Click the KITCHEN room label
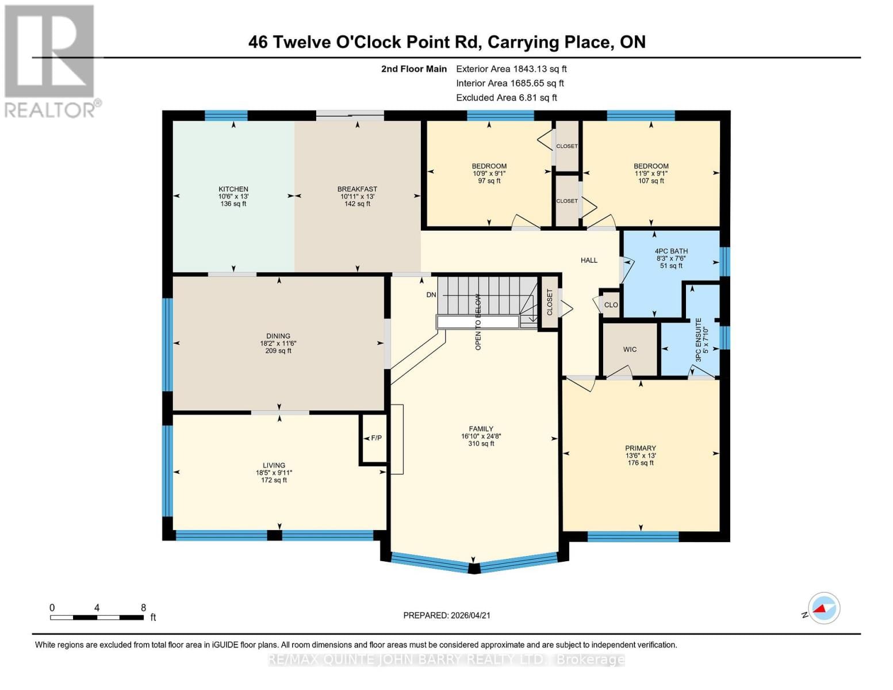click(233, 189)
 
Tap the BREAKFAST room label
click(357, 189)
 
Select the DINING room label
click(278, 336)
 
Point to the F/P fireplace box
click(376, 438)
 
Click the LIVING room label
click(274, 466)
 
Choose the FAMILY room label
click(481, 429)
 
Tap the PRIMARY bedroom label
click(641, 448)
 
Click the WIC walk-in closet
click(630, 350)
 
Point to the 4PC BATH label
click(671, 251)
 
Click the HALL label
click(589, 260)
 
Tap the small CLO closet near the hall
click(611, 305)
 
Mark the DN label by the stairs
click(431, 295)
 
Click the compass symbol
click(823, 608)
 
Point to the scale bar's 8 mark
click(143, 608)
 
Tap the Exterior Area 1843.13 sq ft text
click(511, 69)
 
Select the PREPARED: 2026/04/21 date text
click(447, 615)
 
